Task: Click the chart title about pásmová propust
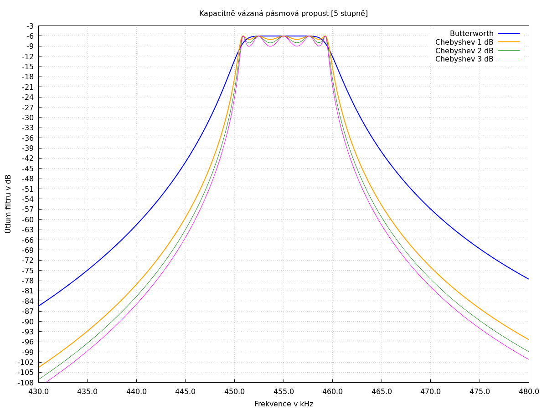click(x=283, y=14)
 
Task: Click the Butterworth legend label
click(x=471, y=34)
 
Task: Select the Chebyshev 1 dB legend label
click(x=464, y=42)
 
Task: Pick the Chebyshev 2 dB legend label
click(x=464, y=51)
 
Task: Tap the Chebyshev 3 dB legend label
click(x=464, y=59)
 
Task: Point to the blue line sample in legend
click(x=509, y=34)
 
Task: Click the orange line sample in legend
click(x=509, y=42)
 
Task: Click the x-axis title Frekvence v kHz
click(x=284, y=404)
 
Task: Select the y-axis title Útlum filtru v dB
click(x=8, y=204)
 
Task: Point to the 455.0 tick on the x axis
click(x=284, y=391)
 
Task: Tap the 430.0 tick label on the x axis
click(x=38, y=391)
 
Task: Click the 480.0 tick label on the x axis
click(x=529, y=391)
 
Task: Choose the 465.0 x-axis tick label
click(x=382, y=391)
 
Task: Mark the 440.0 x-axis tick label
click(x=136, y=391)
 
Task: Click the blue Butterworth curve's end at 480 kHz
click(x=528, y=279)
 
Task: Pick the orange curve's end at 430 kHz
click(x=39, y=367)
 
